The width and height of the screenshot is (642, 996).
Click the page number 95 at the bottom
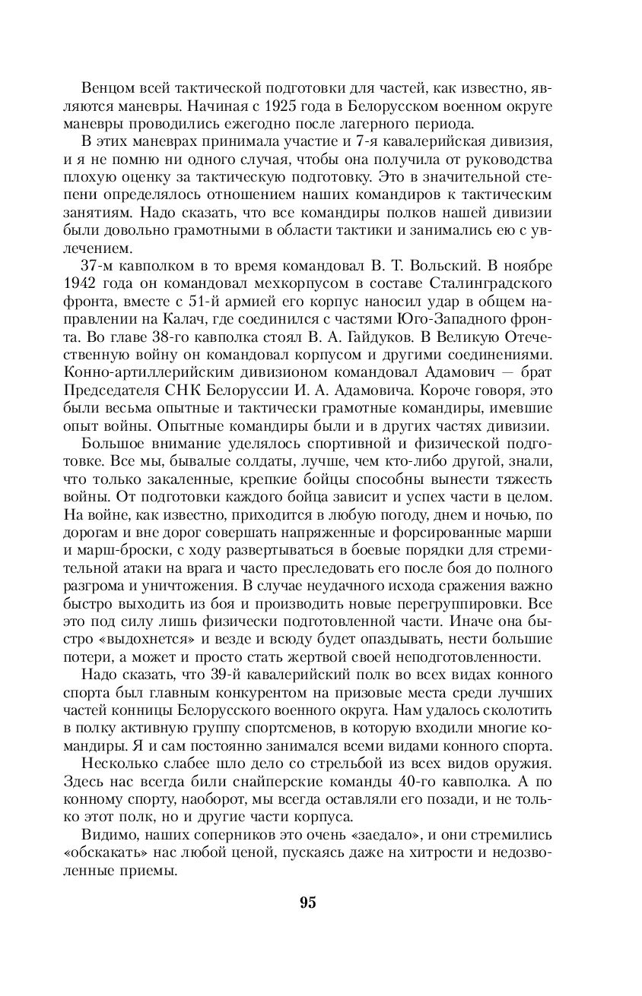(307, 903)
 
